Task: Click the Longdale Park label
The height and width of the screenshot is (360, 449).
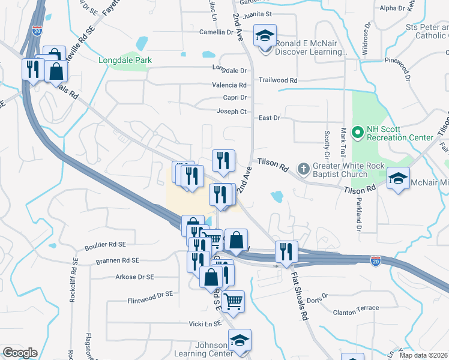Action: click(125, 60)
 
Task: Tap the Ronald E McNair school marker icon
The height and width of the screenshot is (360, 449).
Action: click(264, 35)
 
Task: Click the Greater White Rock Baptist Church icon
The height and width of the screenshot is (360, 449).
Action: click(304, 169)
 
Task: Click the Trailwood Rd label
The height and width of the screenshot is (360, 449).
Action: click(278, 80)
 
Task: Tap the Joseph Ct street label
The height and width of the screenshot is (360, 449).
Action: click(231, 112)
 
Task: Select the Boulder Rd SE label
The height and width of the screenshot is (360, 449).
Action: click(106, 245)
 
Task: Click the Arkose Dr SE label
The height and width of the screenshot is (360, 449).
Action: click(134, 277)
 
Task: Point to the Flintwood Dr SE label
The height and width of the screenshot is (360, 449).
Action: click(150, 295)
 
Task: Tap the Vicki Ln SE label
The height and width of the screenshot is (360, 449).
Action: click(205, 323)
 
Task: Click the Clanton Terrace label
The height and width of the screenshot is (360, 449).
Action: click(357, 308)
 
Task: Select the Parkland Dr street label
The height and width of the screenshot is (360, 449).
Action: click(359, 214)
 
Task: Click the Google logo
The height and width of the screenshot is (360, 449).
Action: click(19, 353)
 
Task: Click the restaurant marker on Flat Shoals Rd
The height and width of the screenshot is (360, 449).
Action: click(286, 252)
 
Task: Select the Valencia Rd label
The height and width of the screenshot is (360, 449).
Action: click(229, 86)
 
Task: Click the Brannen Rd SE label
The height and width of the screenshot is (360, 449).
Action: click(117, 261)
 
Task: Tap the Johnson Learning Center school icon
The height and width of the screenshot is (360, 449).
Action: click(240, 341)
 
